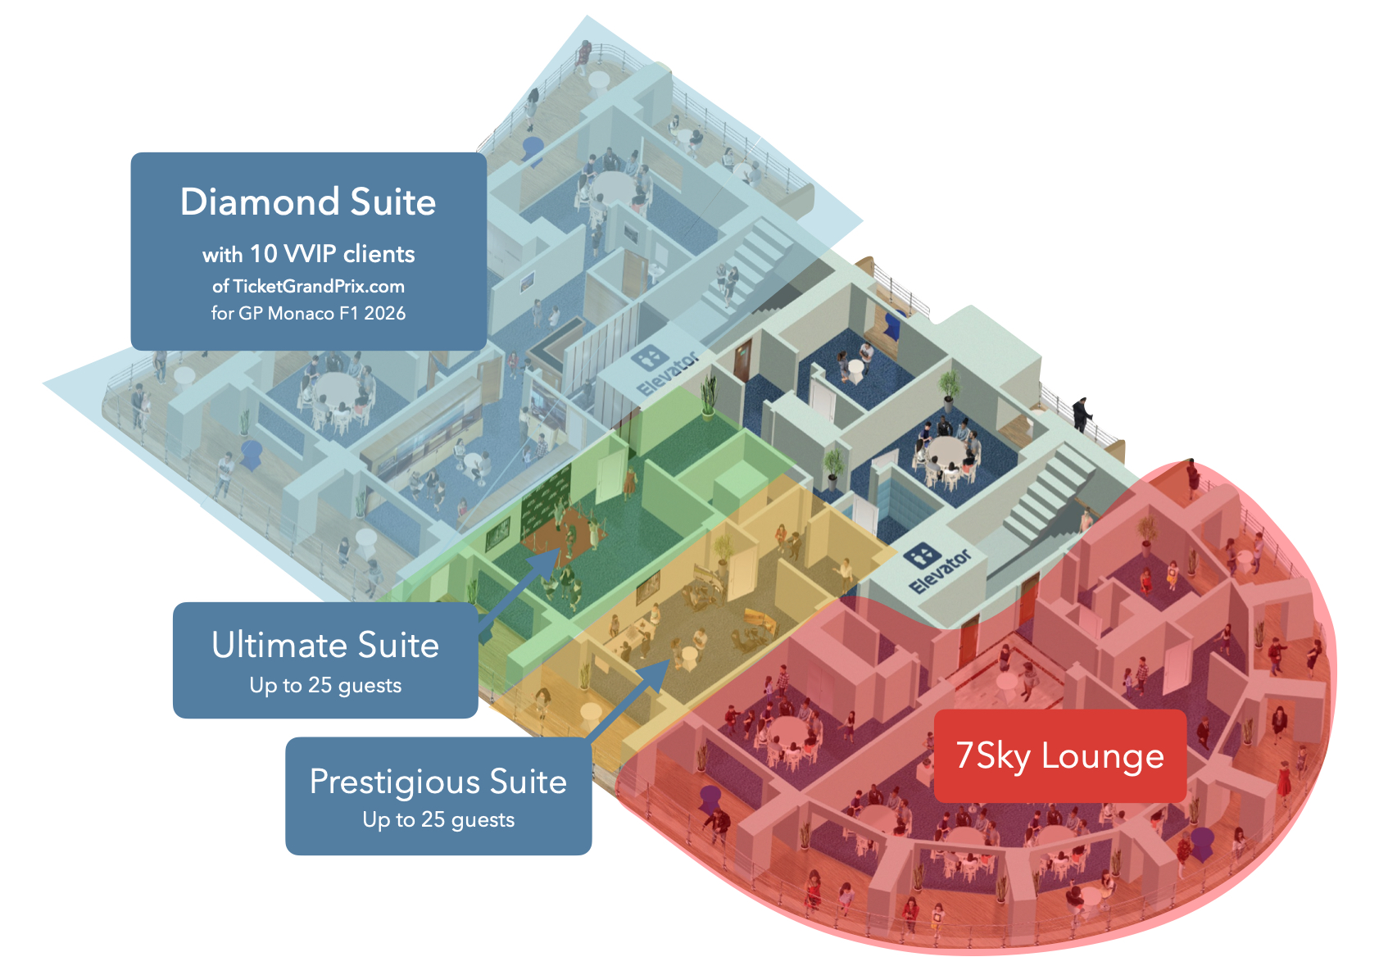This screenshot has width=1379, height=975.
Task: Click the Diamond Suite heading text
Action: coord(308,202)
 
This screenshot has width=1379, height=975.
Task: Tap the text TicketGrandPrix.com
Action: coord(318,286)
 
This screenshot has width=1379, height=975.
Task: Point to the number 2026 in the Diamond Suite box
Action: coord(385,313)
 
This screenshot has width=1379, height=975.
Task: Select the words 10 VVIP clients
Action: coord(332,254)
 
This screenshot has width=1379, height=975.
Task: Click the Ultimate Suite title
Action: coord(325,645)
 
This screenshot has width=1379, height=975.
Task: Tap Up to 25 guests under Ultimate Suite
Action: coord(325,685)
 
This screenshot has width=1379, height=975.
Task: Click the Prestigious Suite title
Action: coord(438,782)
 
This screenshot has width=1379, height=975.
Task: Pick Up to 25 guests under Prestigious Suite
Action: coord(438,819)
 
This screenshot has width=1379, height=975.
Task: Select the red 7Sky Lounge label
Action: coord(1059,755)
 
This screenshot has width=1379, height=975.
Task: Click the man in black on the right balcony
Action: coord(1082,414)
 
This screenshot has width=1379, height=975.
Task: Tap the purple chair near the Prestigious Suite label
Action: coord(710,796)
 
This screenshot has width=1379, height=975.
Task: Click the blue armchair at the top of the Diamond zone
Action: coord(533,148)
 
